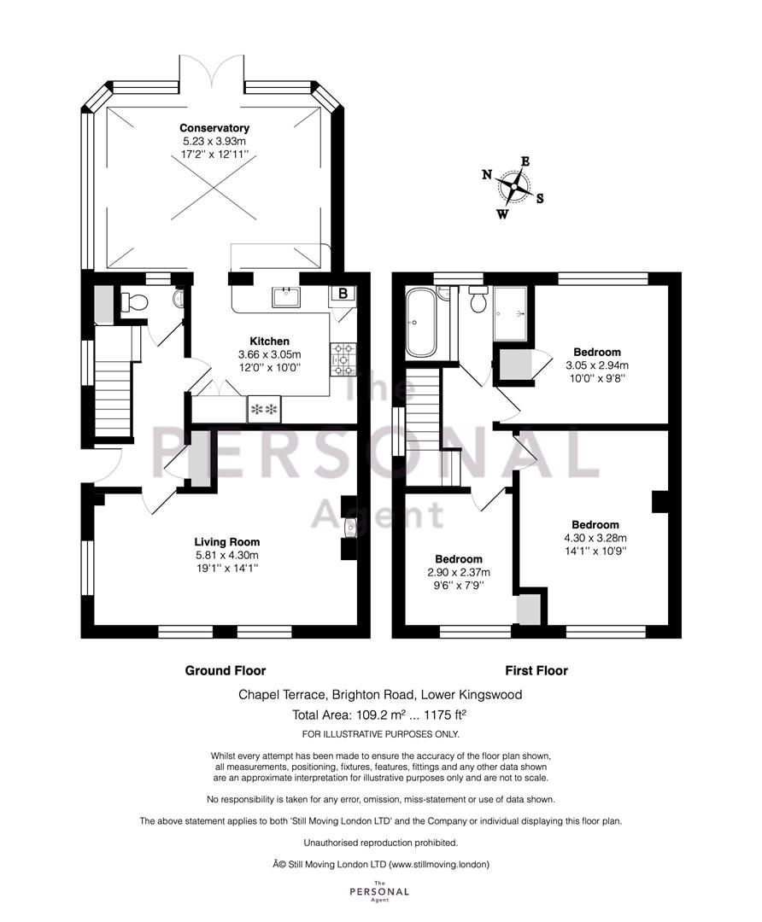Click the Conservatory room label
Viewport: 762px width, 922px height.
tap(214, 127)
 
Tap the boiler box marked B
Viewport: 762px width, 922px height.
tap(343, 294)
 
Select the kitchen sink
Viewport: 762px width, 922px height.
tap(286, 297)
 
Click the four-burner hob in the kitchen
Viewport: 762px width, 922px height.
tap(343, 359)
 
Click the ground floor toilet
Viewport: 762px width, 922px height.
tap(133, 302)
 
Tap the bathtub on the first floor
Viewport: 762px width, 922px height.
tap(420, 322)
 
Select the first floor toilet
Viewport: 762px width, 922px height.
tap(478, 300)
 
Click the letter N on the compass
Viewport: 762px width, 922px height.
tap(487, 174)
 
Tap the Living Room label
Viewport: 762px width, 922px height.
tap(227, 542)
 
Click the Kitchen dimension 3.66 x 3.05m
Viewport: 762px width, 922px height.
tap(269, 354)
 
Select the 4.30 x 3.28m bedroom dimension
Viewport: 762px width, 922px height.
tap(595, 538)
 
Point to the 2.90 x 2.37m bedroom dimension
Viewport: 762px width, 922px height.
tap(459, 572)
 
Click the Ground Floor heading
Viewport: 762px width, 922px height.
tap(226, 670)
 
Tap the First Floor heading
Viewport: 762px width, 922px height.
tap(536, 670)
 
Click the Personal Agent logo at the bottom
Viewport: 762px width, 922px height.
tap(379, 890)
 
